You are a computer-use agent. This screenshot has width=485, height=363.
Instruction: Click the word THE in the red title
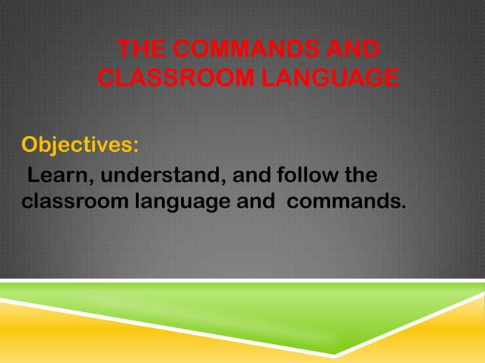tap(144, 51)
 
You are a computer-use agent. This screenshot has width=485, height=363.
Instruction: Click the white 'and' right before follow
tap(251, 176)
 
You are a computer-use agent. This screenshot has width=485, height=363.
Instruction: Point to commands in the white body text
tap(342, 203)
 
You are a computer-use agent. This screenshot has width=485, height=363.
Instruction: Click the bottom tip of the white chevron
tap(334, 353)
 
